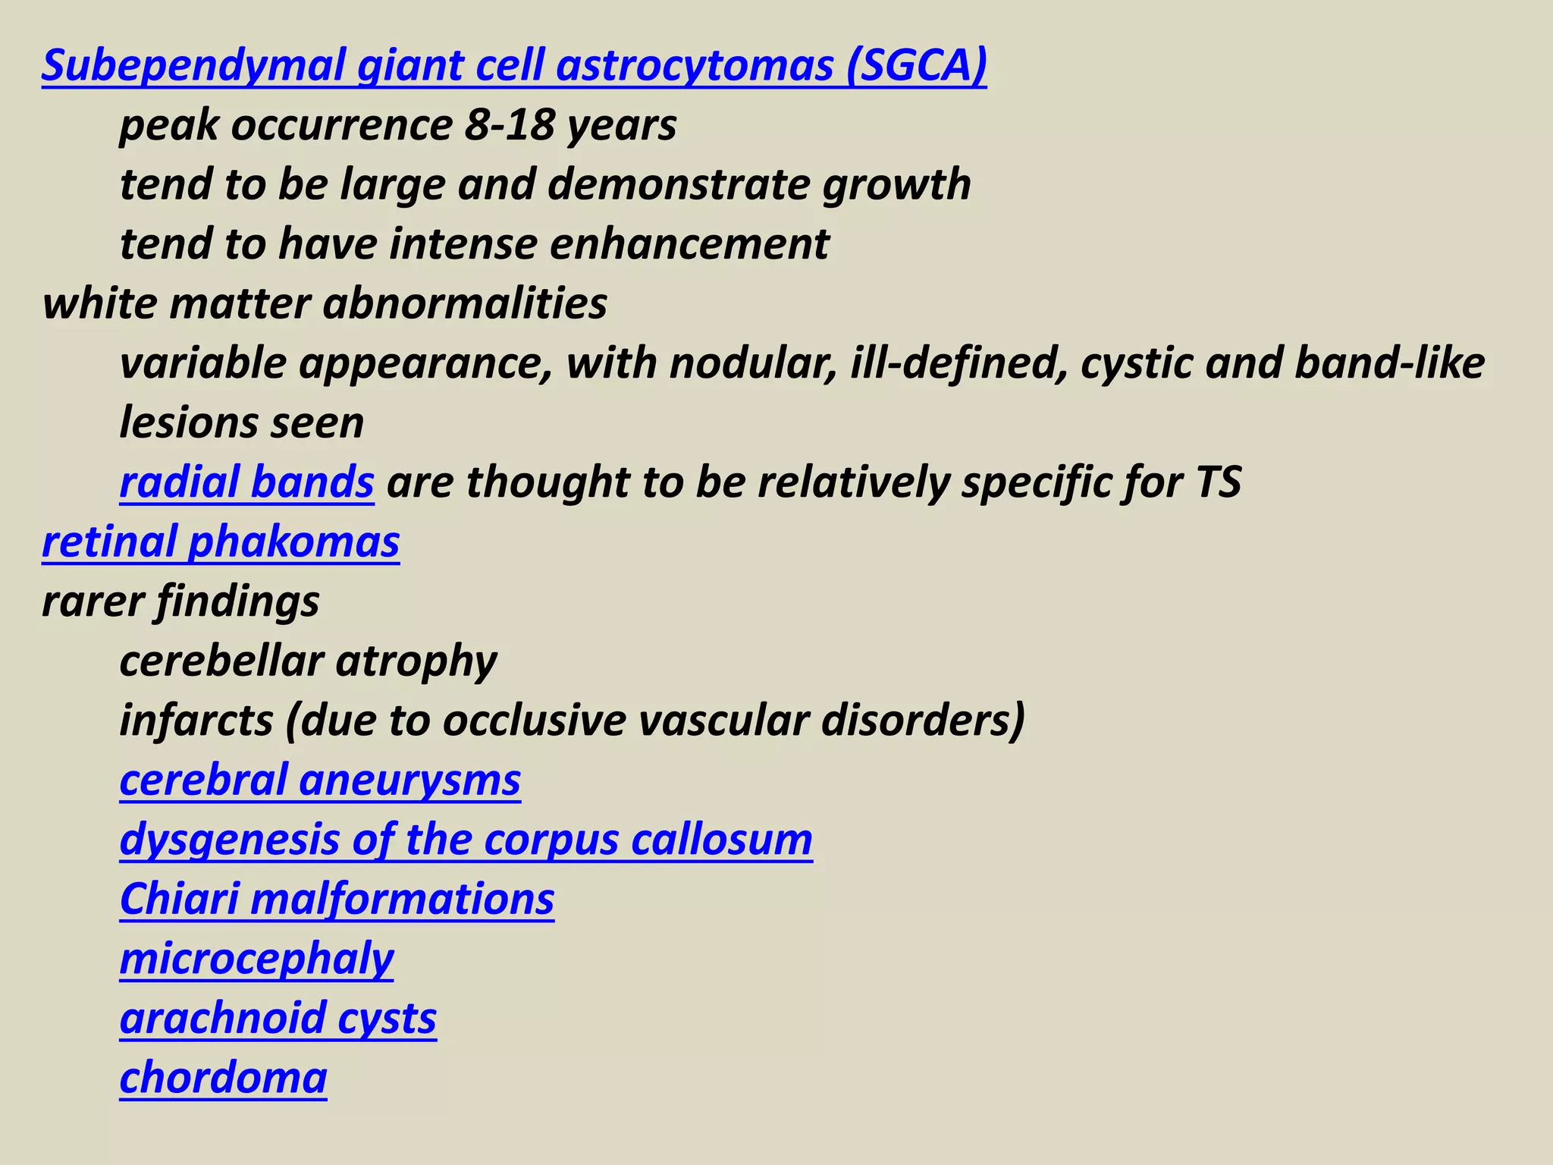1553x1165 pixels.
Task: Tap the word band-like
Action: [x=1389, y=363]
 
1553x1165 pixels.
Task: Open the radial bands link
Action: [x=246, y=482]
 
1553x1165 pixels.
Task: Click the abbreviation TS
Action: [x=1217, y=482]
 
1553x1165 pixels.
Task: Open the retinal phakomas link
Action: [x=221, y=542]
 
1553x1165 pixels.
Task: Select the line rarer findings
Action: [x=180, y=601]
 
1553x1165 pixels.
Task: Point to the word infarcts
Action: [x=196, y=721]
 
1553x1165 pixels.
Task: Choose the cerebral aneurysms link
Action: [x=320, y=780]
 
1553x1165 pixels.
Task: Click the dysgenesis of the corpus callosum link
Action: [x=466, y=840]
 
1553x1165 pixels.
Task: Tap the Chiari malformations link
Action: [x=337, y=900]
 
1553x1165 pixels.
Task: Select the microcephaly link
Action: [x=256, y=959]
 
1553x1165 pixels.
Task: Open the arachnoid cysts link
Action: [x=278, y=1019]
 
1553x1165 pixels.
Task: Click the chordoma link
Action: [x=223, y=1078]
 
